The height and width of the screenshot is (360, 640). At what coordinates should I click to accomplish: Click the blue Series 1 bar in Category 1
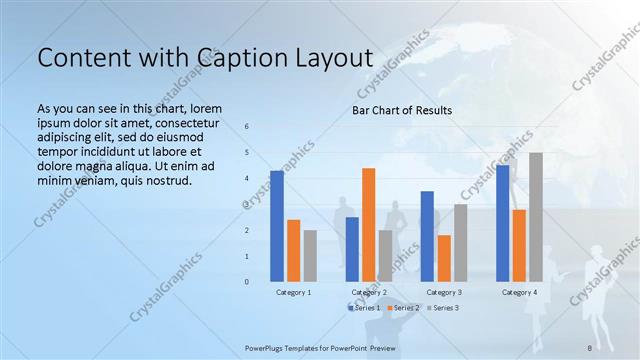pyautogui.click(x=277, y=226)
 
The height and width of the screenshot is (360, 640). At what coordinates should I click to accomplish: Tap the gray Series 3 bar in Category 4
pyautogui.click(x=536, y=217)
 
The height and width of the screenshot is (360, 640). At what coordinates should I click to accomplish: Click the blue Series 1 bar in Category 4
pyautogui.click(x=502, y=223)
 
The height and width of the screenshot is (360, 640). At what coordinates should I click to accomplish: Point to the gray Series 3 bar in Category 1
pyautogui.click(x=310, y=256)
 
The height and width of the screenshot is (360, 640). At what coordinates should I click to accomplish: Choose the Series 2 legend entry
pyautogui.click(x=402, y=307)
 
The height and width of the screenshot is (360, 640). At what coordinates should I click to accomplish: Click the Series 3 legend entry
pyautogui.click(x=442, y=307)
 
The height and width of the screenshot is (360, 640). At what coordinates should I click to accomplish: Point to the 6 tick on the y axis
pyautogui.click(x=248, y=127)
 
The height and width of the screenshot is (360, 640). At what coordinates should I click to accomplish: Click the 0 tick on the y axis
pyautogui.click(x=248, y=282)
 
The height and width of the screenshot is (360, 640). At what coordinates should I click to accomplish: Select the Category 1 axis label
pyautogui.click(x=294, y=292)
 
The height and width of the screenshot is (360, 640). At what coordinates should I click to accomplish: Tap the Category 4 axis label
pyautogui.click(x=518, y=292)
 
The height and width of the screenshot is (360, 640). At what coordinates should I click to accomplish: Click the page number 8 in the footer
pyautogui.click(x=589, y=347)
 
